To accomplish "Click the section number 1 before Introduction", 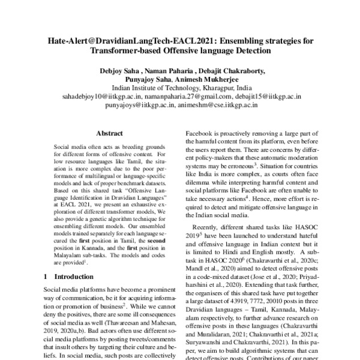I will tap(47, 277).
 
